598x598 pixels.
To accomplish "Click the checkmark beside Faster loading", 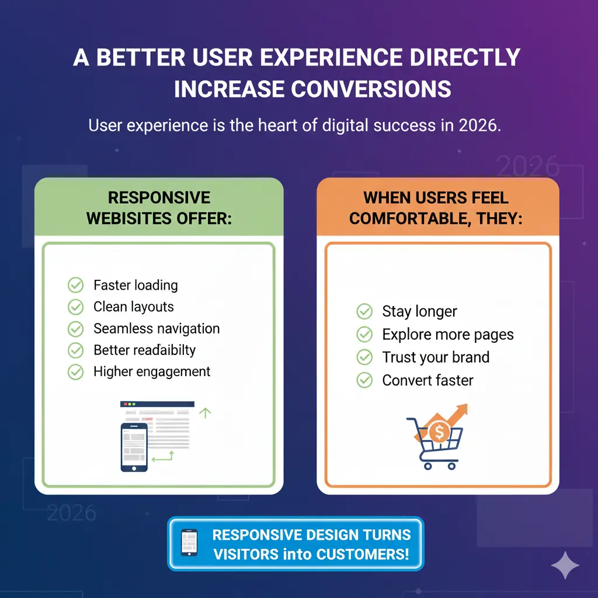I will (76, 285).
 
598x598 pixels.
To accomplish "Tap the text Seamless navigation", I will (157, 328).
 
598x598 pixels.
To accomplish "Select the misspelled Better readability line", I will (144, 350).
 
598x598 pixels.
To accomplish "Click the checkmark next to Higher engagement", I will (76, 371).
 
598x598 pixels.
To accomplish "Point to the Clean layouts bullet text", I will (134, 307).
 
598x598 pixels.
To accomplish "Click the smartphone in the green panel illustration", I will (134, 447).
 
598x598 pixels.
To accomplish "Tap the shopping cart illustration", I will (433, 444).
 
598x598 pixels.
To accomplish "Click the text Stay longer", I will (419, 311).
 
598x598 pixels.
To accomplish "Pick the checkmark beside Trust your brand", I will (364, 357).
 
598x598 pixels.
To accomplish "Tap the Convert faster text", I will (427, 380).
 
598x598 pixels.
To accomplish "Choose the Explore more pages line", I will (448, 335).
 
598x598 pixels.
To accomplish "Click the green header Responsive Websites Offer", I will (159, 207).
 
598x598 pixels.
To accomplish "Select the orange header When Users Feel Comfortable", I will (436, 207).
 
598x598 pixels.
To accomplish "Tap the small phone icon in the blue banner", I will (189, 543).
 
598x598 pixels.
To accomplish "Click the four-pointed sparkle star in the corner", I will (565, 565).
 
